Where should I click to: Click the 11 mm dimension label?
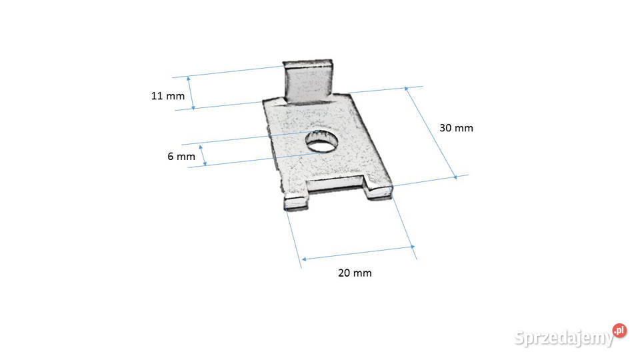pos(168,96)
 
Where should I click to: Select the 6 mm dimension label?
pos(181,156)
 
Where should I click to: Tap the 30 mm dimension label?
pos(456,128)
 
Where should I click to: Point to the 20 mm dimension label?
pos(355,273)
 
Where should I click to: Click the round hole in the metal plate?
pos(322,141)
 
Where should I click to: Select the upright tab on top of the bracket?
pos(308,81)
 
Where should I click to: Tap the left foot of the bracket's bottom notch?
pos(295,202)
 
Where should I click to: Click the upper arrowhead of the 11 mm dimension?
pos(188,79)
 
